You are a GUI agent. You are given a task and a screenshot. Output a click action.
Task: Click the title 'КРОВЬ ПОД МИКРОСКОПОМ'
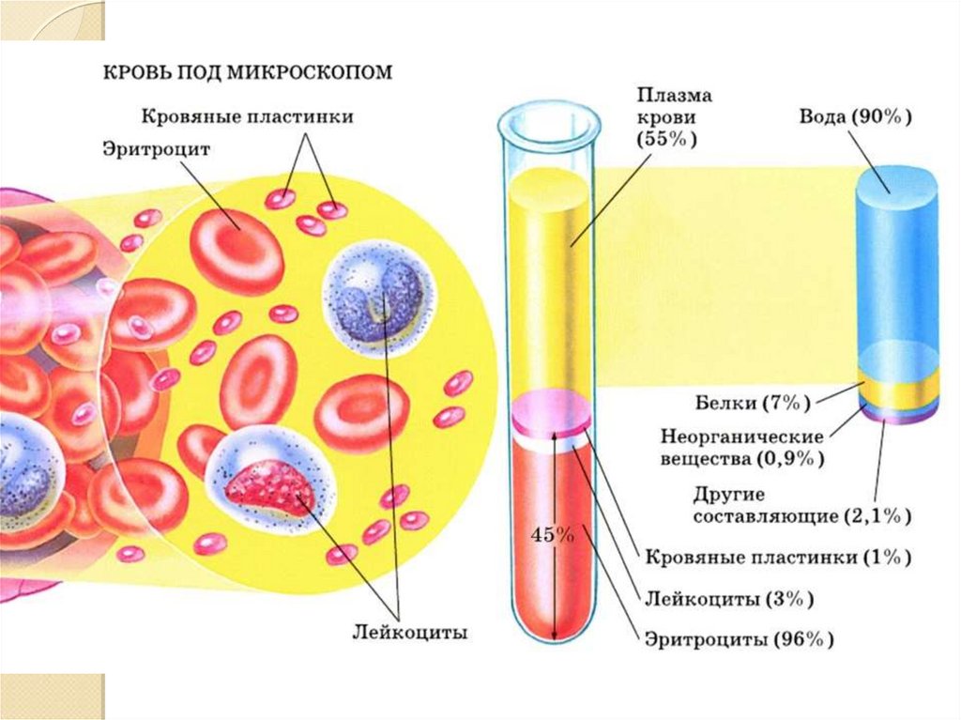tap(246, 73)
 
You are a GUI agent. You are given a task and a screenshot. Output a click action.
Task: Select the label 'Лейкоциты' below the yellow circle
tap(409, 633)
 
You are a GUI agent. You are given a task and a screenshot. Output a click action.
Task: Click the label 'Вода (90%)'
tap(856, 118)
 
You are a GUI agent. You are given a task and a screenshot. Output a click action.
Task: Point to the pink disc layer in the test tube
tap(551, 410)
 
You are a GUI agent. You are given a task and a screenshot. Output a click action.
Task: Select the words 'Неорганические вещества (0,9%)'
tap(741, 448)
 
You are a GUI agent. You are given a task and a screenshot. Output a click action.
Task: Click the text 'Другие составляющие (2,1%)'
tap(801, 505)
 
